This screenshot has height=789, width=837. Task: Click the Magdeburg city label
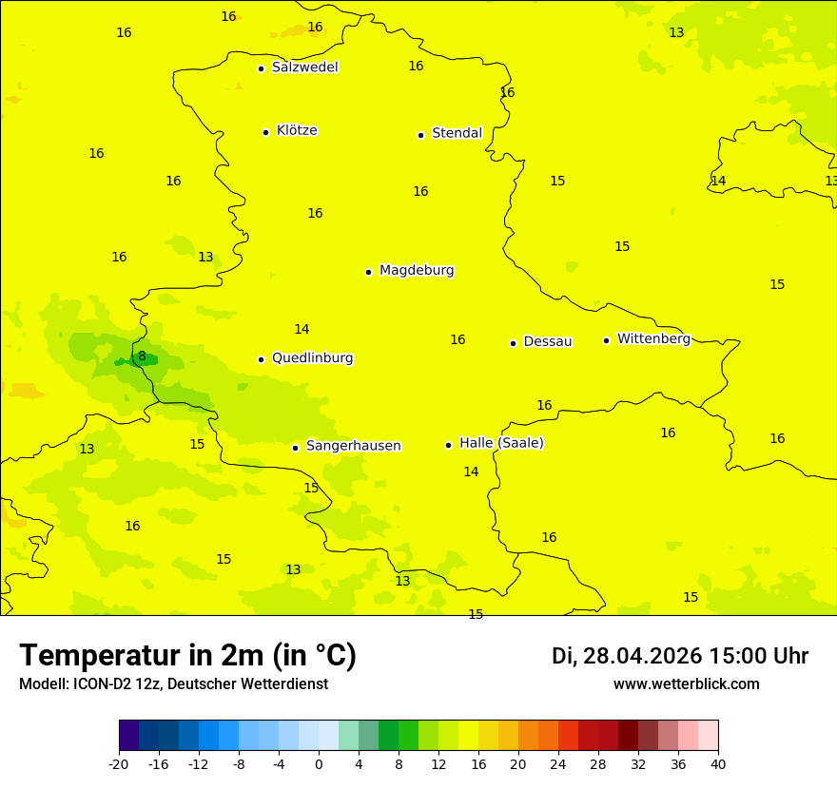pos(417,271)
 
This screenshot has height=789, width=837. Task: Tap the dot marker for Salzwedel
pos(261,68)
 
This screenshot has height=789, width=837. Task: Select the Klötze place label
pos(297,130)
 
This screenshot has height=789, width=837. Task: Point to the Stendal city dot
pos(420,135)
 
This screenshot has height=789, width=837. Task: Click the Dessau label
pos(548,341)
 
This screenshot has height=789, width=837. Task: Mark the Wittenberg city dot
pos(606,340)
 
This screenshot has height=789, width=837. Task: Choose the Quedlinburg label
pos(312,358)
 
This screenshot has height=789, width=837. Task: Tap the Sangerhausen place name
pos(353,446)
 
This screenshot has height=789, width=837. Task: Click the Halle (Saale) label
pos(501,443)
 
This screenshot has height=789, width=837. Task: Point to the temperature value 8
pos(142,356)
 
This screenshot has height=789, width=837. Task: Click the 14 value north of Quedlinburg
pos(302,329)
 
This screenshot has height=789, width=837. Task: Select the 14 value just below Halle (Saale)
pos(471,471)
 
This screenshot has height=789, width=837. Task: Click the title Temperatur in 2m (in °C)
pos(187,656)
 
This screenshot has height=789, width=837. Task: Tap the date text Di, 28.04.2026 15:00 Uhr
pos(680,656)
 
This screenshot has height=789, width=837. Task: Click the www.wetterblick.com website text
pos(686,684)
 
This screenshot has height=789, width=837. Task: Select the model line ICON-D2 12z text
pos(173,684)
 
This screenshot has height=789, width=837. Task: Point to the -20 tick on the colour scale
pos(119,763)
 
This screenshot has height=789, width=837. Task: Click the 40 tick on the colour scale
pos(717,763)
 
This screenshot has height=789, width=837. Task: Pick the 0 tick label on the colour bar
pos(319,763)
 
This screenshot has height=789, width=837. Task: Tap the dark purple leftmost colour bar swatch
pos(128,736)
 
